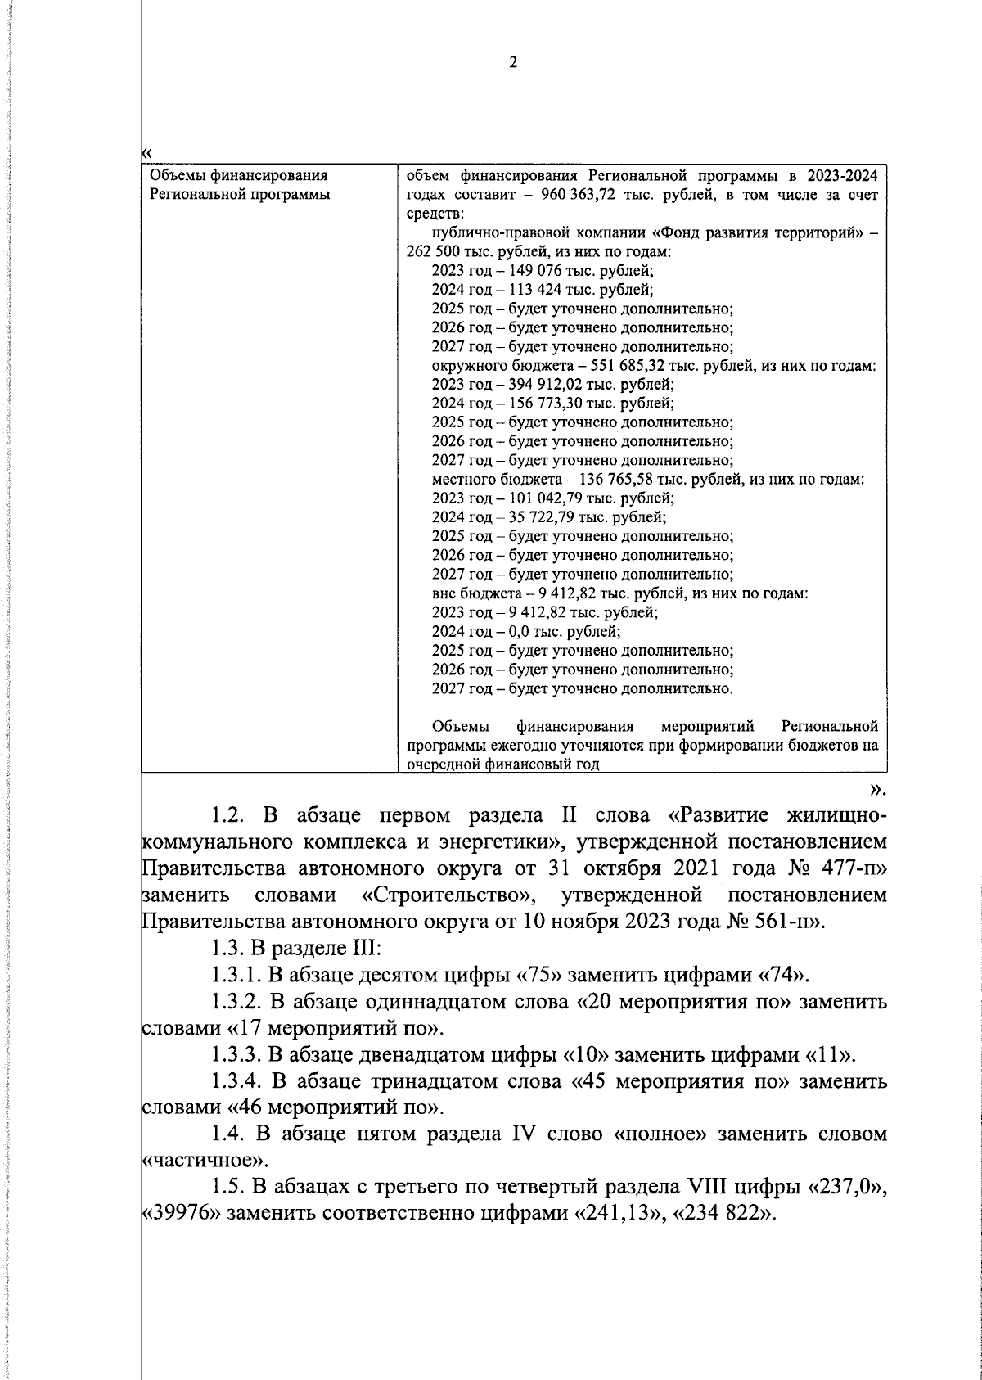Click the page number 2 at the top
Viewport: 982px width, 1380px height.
pyautogui.click(x=513, y=63)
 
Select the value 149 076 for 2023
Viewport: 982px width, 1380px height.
pyautogui.click(x=537, y=271)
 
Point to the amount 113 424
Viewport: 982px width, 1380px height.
pyautogui.click(x=537, y=290)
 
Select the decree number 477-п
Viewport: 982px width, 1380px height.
pyautogui.click(x=840, y=868)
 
